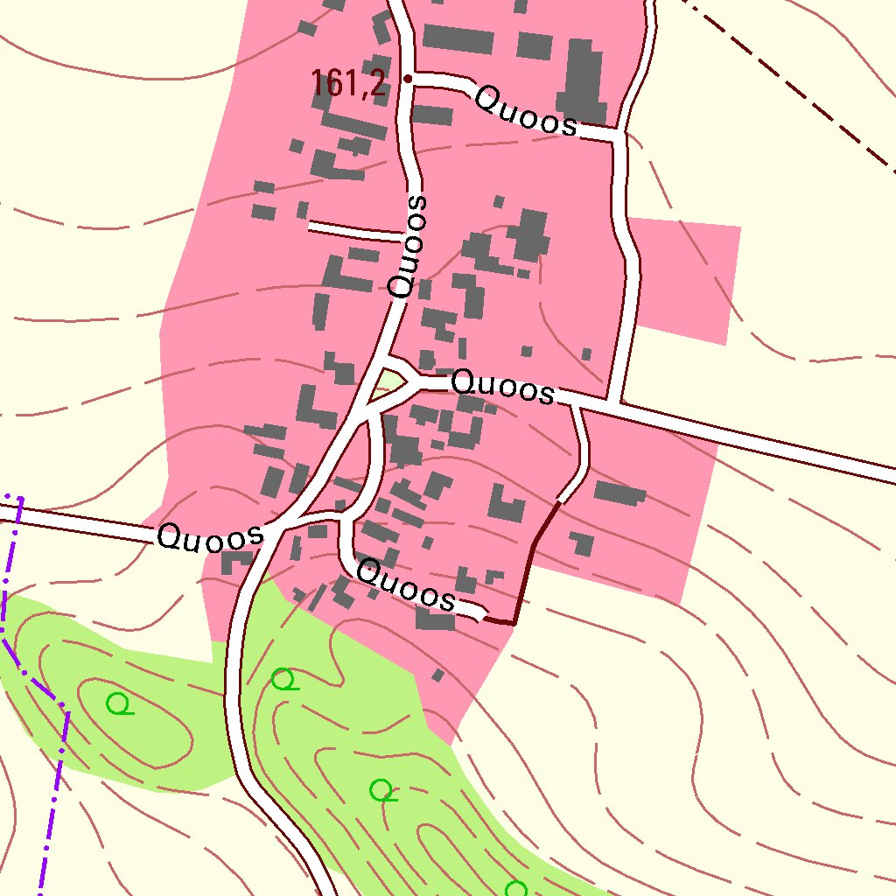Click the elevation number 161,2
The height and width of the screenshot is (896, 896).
348,84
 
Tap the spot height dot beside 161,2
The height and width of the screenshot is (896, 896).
408,79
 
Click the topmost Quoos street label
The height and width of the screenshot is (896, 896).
526,111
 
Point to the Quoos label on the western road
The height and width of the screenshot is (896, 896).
210,535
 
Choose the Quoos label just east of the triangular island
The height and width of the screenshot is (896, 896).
503,387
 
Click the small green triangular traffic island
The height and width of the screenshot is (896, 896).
388,382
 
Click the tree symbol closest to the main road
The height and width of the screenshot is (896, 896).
283,679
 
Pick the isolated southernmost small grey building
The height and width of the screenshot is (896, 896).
438,675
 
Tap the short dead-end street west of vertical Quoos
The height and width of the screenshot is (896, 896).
354,231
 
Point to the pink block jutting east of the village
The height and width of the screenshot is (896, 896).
687,280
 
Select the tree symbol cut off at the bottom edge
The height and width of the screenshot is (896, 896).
516,889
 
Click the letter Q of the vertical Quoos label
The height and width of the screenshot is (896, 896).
401,285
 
